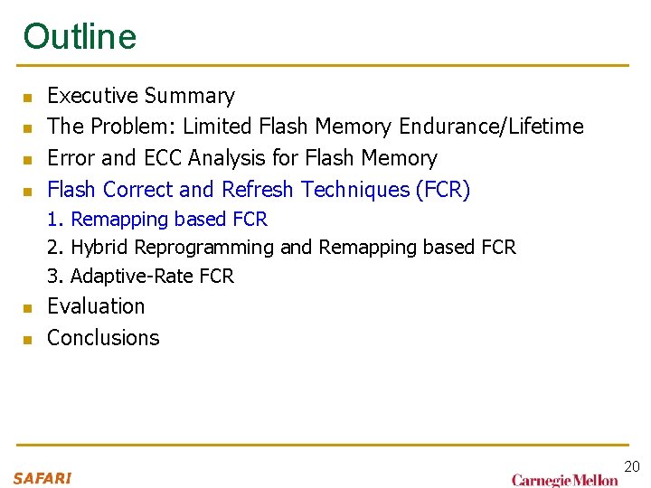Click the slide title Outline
(x=80, y=36)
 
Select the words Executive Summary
(x=140, y=96)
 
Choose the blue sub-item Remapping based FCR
(x=168, y=220)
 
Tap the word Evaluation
(x=96, y=306)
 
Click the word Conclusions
(x=103, y=338)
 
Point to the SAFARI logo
(x=42, y=478)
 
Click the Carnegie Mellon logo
(x=564, y=480)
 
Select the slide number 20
(x=631, y=466)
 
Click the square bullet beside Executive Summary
(x=27, y=98)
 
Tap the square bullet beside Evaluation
(x=27, y=308)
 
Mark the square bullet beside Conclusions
(x=27, y=340)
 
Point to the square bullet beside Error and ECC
(x=27, y=160)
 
